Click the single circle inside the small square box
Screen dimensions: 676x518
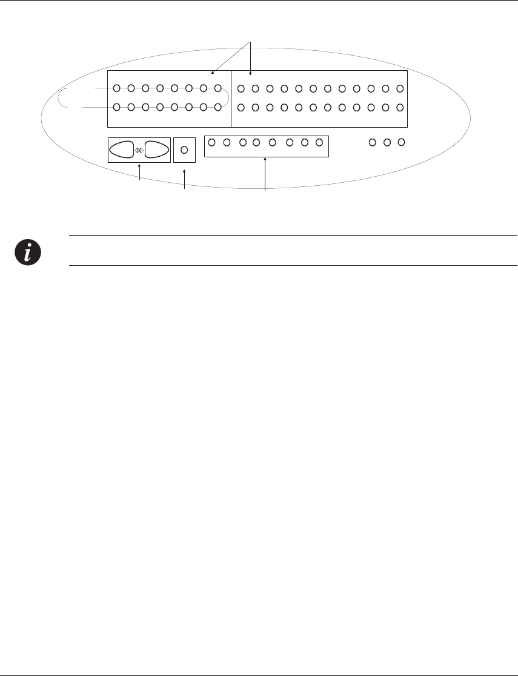(185, 150)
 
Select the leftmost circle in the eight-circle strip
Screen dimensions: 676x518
(211, 143)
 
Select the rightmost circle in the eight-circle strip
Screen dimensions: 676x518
(319, 143)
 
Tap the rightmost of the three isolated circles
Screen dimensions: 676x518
(400, 143)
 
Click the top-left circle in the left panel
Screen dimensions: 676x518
(117, 88)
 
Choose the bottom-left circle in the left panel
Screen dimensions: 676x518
(117, 108)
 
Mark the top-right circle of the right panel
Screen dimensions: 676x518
(400, 89)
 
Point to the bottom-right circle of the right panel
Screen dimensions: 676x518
(400, 108)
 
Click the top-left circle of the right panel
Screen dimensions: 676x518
(241, 89)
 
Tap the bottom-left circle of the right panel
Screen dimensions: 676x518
(241, 108)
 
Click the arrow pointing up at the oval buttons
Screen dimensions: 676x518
(140, 173)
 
